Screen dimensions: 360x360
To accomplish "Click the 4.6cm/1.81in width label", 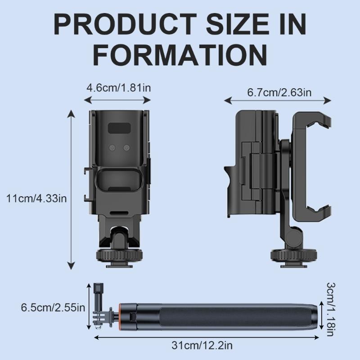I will [x=119, y=87].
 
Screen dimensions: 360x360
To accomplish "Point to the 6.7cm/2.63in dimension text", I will [x=279, y=93].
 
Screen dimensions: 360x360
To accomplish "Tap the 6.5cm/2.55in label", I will [x=53, y=308].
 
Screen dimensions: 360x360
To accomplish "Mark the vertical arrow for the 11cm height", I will [x=71, y=189].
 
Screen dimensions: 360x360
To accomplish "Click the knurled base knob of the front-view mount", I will [x=119, y=258].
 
